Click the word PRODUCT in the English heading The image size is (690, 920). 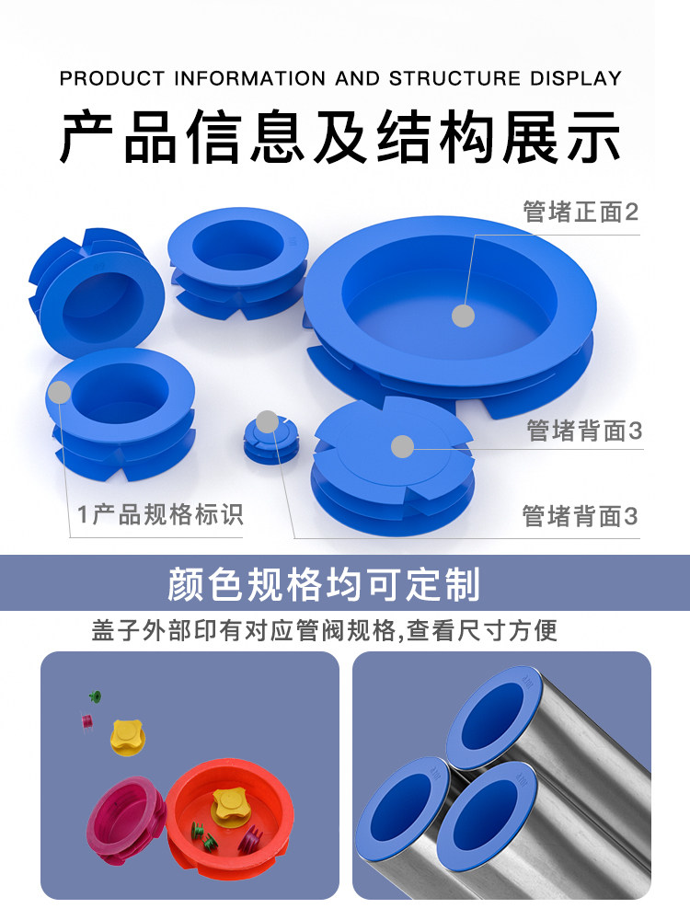(x=112, y=78)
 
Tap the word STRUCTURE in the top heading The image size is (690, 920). (x=454, y=78)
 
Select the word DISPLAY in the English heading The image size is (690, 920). (x=576, y=78)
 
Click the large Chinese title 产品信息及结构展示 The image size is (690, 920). (x=340, y=136)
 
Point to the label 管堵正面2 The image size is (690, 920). (x=581, y=212)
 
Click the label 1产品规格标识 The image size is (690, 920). (x=160, y=514)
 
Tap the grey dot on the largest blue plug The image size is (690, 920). (x=463, y=316)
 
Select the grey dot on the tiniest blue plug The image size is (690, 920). (x=267, y=421)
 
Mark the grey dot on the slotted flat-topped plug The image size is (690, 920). (x=403, y=447)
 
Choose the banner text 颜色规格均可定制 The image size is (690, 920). (x=324, y=584)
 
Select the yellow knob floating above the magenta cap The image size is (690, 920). (x=128, y=738)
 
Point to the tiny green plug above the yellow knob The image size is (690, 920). (x=95, y=696)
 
